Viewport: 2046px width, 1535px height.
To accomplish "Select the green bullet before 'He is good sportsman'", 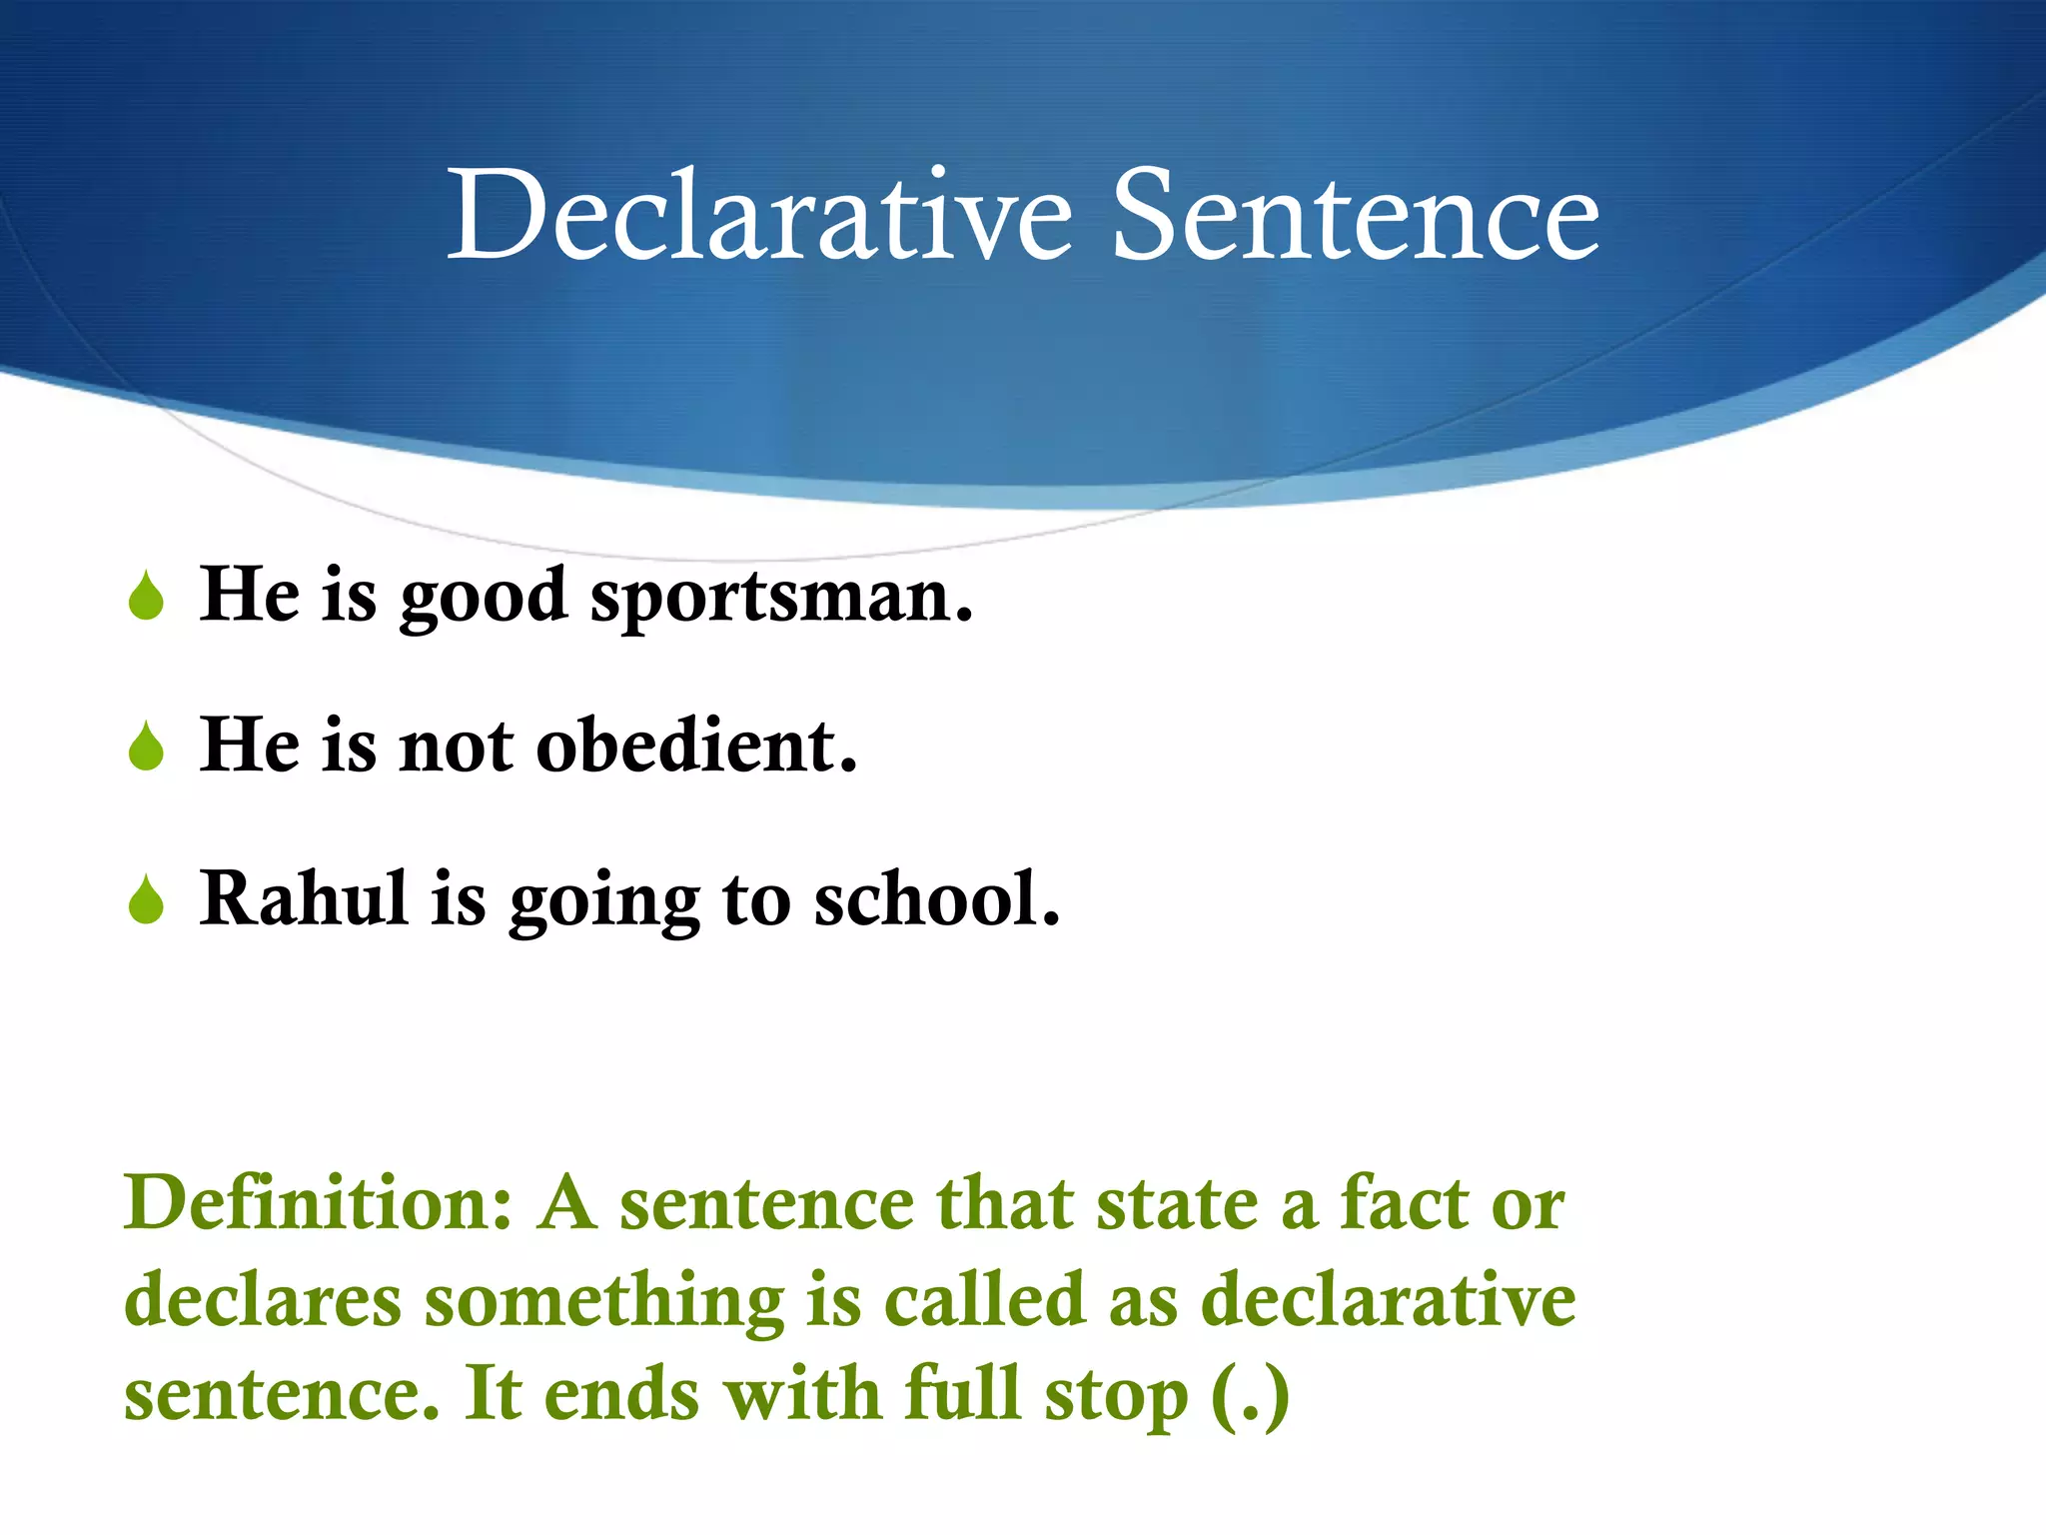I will point(147,596).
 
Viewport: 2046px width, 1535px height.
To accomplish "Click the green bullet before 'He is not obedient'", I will point(147,747).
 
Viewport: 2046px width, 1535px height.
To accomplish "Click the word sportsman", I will point(781,598).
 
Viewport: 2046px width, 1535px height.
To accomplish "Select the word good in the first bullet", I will point(484,598).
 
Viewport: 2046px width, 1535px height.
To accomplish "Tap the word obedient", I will point(696,747).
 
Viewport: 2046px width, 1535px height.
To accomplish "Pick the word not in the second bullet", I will point(456,749).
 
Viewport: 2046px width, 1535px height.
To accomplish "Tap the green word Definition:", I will point(318,1202).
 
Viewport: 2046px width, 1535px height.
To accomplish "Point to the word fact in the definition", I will point(1404,1202).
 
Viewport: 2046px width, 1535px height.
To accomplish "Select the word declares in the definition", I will point(263,1300).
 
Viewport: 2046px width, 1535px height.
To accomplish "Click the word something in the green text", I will point(604,1302).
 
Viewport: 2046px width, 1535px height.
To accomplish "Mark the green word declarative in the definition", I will point(1388,1300).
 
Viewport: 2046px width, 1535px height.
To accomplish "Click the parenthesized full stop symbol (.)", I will point(1250,1396).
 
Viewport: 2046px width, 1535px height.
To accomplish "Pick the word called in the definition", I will point(984,1300).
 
